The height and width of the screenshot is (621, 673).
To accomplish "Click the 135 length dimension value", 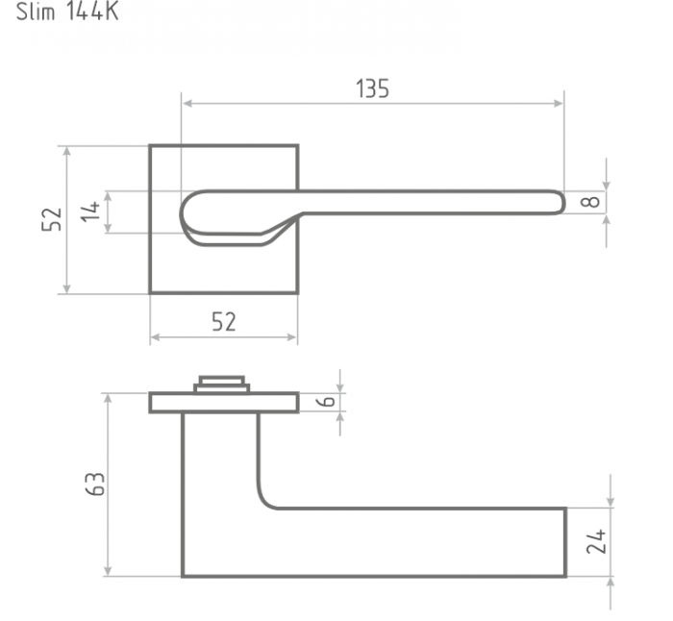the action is (x=373, y=88).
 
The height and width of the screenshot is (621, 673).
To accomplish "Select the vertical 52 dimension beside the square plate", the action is (x=52, y=219).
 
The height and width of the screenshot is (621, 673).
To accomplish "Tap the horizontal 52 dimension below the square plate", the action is (x=224, y=322).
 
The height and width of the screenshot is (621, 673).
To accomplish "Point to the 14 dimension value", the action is (x=90, y=211).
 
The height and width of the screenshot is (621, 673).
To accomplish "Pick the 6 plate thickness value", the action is (x=328, y=401).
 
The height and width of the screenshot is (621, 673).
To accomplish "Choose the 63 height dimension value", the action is (x=95, y=484).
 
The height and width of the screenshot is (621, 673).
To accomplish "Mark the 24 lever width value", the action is (x=596, y=541).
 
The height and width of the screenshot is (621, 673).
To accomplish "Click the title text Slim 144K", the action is (x=67, y=12).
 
